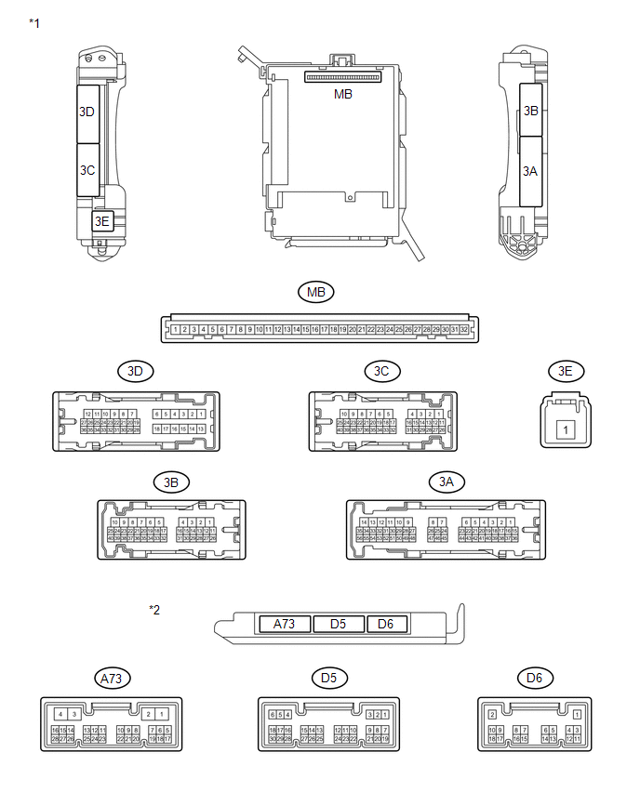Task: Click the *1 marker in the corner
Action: click(34, 20)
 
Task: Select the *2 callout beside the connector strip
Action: click(155, 610)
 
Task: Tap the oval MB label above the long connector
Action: click(316, 293)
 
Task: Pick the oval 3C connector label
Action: click(381, 371)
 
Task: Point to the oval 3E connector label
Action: click(564, 371)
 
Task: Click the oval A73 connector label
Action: click(111, 678)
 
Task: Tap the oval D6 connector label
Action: click(534, 678)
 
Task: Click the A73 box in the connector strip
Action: click(285, 624)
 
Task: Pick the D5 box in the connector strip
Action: click(340, 624)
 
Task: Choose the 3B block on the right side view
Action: click(531, 110)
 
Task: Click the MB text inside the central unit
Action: click(343, 94)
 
